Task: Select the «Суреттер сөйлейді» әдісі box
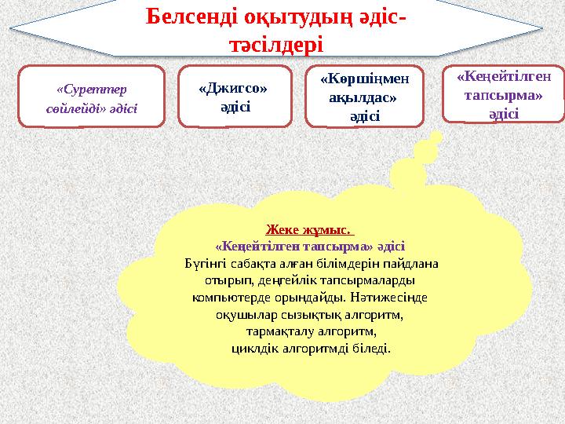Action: (x=91, y=97)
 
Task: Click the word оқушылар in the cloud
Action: (x=242, y=315)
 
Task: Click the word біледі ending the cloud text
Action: (x=373, y=348)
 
